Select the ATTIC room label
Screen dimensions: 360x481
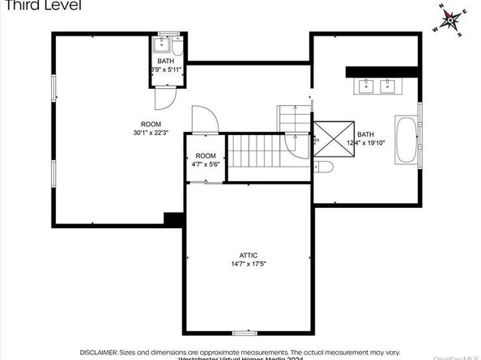click(248, 255)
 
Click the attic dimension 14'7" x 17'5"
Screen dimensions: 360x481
click(248, 264)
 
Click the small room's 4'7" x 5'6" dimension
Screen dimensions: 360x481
click(206, 163)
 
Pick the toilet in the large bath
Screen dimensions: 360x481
click(323, 167)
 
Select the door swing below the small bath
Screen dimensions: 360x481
click(164, 96)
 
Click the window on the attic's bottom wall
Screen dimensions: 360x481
click(245, 331)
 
